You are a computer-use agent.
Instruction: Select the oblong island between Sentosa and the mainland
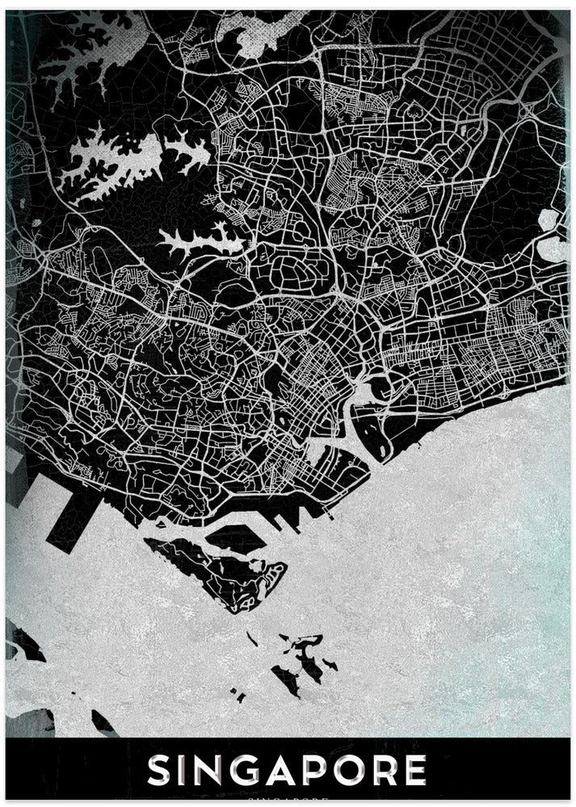coord(242,535)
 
